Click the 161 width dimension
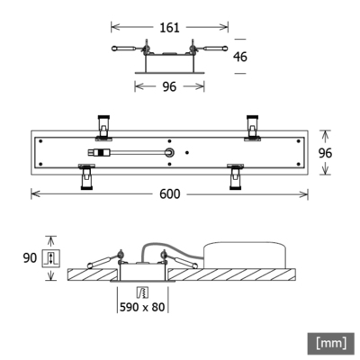pyautogui.click(x=169, y=27)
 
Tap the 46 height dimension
pyautogui.click(x=239, y=56)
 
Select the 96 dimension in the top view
pyautogui.click(x=169, y=86)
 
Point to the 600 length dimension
pyautogui.click(x=170, y=193)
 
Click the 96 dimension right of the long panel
pyautogui.click(x=327, y=153)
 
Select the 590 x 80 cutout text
pyautogui.click(x=142, y=306)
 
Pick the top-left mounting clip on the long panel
pyautogui.click(x=103, y=126)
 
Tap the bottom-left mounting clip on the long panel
pyautogui.click(x=86, y=176)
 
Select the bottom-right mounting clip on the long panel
pyautogui.click(x=237, y=176)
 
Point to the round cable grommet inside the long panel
pyautogui.click(x=168, y=153)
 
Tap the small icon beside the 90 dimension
pyautogui.click(x=50, y=259)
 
